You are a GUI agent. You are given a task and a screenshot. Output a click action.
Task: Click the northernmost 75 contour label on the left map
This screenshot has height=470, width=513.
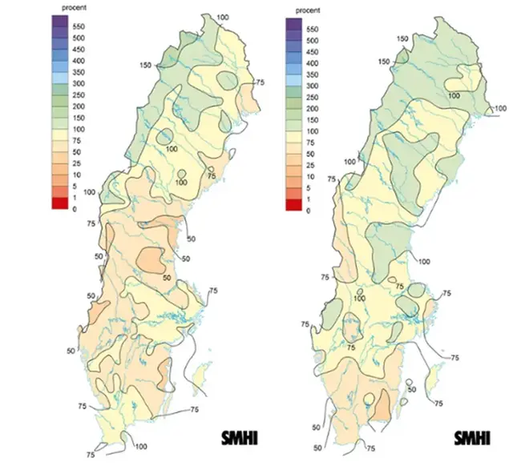pos(258,82)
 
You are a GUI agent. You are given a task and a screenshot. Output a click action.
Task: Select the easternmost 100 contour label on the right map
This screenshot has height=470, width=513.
pos(499,108)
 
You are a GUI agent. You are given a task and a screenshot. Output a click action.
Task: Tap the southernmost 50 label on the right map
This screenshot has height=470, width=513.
pos(317,448)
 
